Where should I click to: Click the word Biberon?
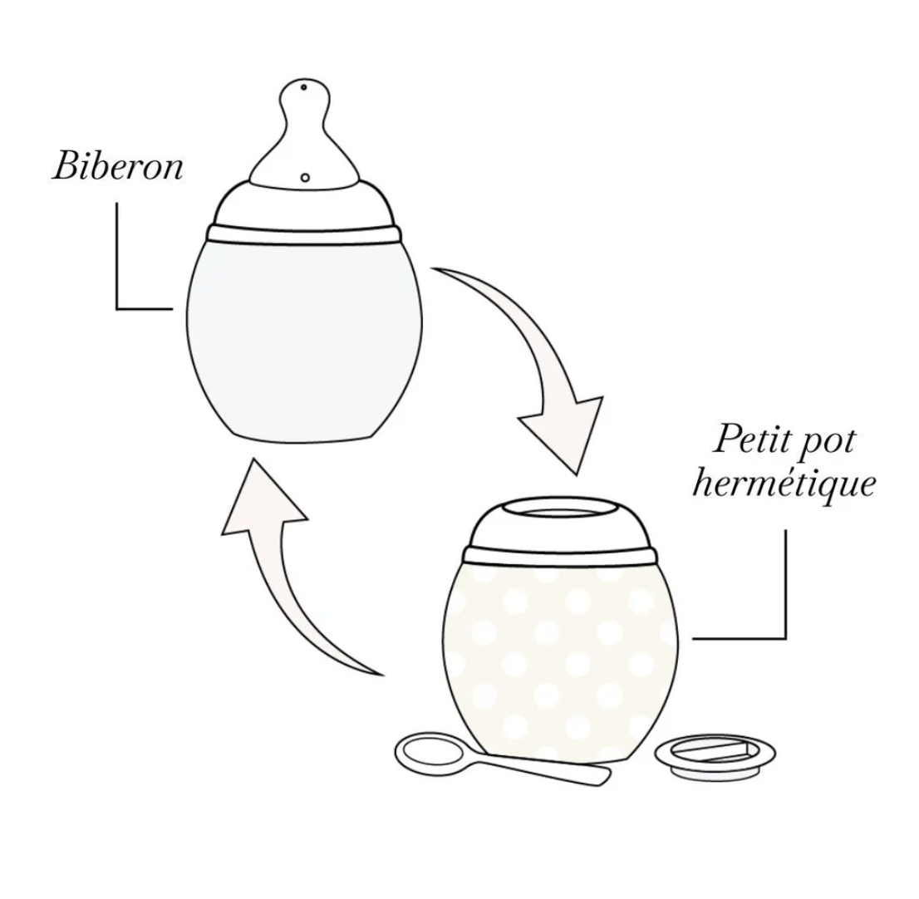click(118, 166)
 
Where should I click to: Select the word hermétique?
click(784, 484)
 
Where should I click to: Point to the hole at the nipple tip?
click(303, 88)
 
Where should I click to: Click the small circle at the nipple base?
click(305, 176)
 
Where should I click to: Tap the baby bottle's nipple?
click(303, 132)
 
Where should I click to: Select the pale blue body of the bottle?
click(303, 340)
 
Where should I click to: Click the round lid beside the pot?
click(715, 758)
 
